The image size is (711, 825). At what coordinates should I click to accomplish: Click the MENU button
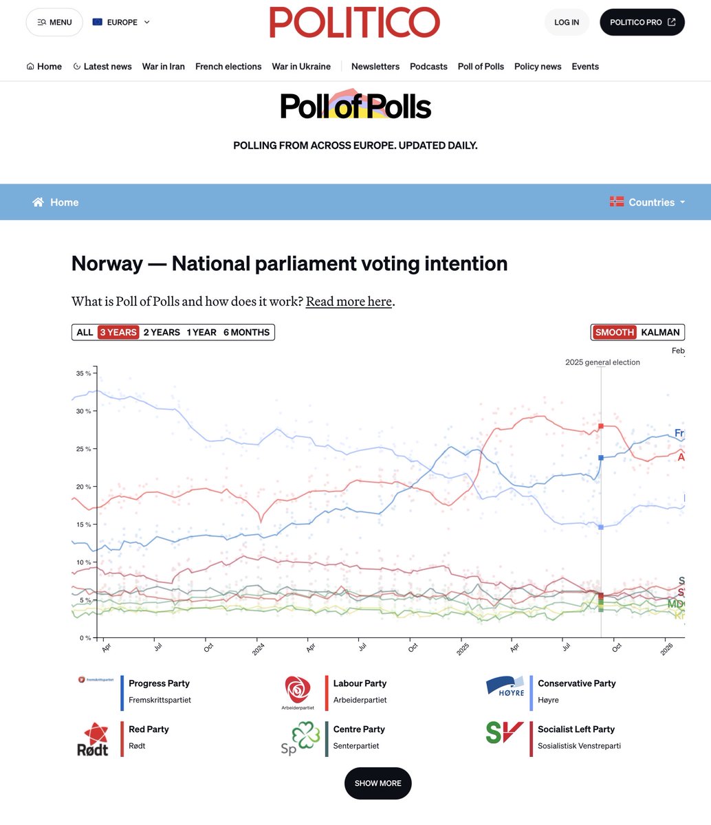pos(54,22)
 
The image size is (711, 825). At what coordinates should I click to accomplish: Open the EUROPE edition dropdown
pos(121,22)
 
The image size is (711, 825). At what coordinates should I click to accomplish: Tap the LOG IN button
pos(566,22)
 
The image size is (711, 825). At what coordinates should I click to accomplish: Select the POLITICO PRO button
pos(642,22)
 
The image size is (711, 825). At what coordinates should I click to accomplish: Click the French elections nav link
pos(228,67)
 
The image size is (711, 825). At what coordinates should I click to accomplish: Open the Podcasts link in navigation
pos(428,67)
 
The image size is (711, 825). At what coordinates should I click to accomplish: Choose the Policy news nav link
pos(538,67)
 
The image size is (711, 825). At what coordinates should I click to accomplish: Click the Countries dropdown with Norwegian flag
pos(648,202)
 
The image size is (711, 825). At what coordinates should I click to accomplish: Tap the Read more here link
pos(349,301)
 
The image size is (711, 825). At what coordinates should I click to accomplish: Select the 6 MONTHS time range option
pos(246,332)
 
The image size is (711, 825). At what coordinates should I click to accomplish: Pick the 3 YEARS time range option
pos(118,332)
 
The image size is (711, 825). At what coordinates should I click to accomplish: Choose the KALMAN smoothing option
pos(660,332)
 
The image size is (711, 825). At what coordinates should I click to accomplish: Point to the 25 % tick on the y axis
pos(83,449)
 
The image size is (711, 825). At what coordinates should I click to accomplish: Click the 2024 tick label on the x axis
pos(259,649)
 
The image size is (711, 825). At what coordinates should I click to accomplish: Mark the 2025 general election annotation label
pos(602,362)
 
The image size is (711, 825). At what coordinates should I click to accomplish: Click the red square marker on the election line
pos(601,426)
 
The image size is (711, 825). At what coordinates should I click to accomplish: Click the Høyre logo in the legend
pos(505,687)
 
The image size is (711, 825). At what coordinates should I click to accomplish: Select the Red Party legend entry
pos(149,729)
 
